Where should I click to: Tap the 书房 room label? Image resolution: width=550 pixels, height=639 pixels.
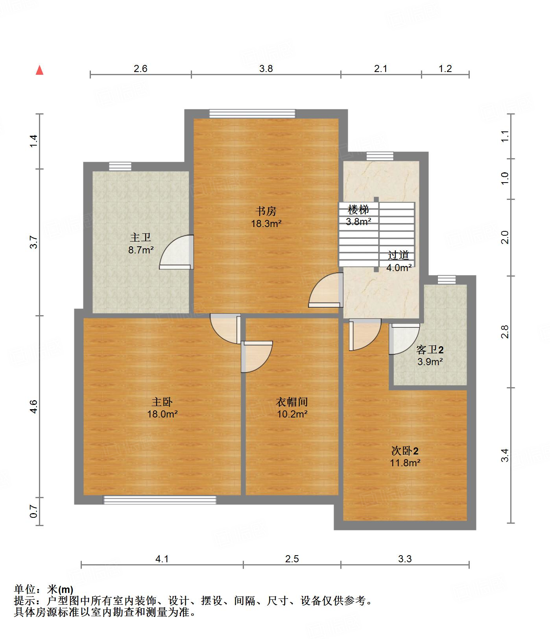click(266, 211)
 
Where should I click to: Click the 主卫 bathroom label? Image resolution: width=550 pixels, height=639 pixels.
click(140, 238)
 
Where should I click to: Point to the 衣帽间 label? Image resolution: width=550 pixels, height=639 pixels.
click(292, 402)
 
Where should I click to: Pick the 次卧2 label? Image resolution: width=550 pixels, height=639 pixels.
click(405, 451)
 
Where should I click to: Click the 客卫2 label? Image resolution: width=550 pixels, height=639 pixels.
click(430, 349)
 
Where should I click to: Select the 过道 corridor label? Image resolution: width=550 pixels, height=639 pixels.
click(399, 255)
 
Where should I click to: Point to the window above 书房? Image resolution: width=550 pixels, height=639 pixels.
click(252, 113)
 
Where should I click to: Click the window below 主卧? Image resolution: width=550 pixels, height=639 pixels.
click(160, 500)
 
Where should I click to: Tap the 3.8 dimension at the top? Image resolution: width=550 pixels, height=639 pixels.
click(266, 69)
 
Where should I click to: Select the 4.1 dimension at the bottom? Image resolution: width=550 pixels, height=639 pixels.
click(162, 559)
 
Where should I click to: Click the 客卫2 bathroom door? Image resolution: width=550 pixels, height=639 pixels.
click(404, 339)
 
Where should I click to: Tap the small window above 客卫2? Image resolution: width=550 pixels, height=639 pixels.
click(447, 280)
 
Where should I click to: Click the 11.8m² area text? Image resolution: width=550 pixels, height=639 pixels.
click(405, 463)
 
